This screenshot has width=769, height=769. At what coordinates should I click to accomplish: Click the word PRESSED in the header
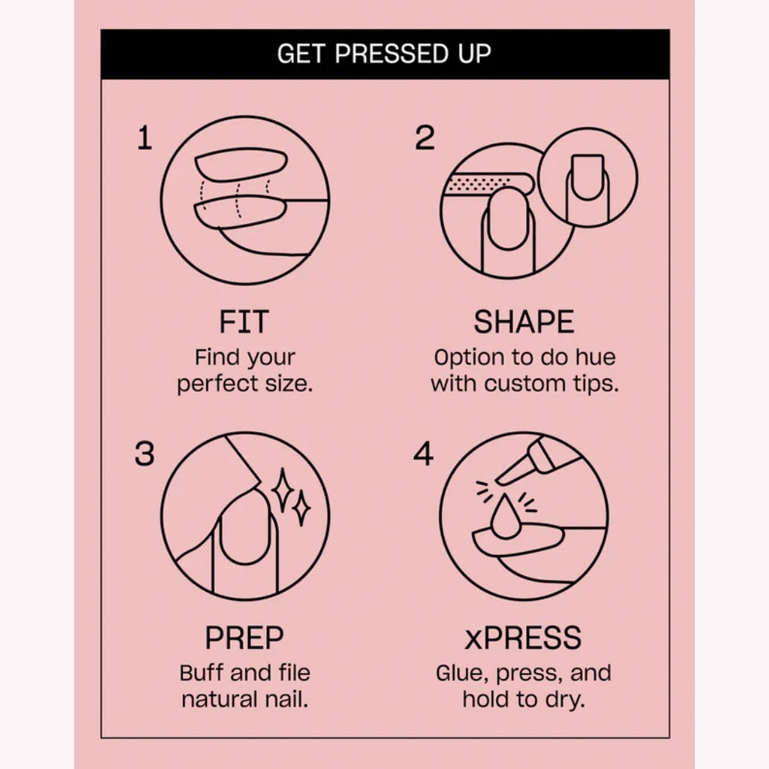pos(391,53)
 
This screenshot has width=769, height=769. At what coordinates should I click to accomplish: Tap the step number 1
pos(145,137)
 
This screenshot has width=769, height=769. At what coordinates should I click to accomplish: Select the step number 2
pos(425,137)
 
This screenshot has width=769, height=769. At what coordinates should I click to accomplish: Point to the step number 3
pos(145,453)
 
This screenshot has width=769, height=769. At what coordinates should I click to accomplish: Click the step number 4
pos(423,453)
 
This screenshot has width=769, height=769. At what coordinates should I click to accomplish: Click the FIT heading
pos(243,322)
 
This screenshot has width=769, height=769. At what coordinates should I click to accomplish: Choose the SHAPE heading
pos(524,322)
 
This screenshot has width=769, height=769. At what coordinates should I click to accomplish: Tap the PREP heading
pos(244,637)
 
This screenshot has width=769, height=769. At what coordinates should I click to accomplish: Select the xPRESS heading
pos(523,637)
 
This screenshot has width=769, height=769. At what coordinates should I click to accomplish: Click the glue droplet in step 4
pos(505,519)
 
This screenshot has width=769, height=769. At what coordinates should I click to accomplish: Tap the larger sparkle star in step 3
pos(283,491)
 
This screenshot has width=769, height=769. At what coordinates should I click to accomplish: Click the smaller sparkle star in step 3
pos(302,508)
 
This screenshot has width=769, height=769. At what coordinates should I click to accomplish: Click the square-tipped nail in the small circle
pos(588,178)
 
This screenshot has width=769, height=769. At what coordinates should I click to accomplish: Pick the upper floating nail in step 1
pos(241,165)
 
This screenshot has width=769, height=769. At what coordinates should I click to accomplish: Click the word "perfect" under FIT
pos(219,384)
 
